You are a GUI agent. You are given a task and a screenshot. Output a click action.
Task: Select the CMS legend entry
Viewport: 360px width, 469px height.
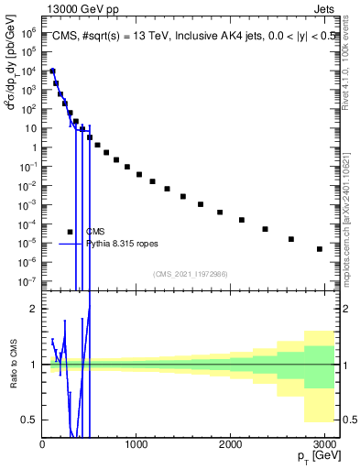(95, 232)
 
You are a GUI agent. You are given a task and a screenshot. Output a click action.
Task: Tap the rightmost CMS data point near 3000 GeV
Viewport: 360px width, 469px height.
(319, 249)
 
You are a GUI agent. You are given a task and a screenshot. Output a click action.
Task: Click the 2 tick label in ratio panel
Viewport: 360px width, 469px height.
(36, 310)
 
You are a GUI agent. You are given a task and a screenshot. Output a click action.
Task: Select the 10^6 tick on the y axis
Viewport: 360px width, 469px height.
(29, 32)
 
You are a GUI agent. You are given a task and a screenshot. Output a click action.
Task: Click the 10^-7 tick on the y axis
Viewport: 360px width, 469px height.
(29, 281)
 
